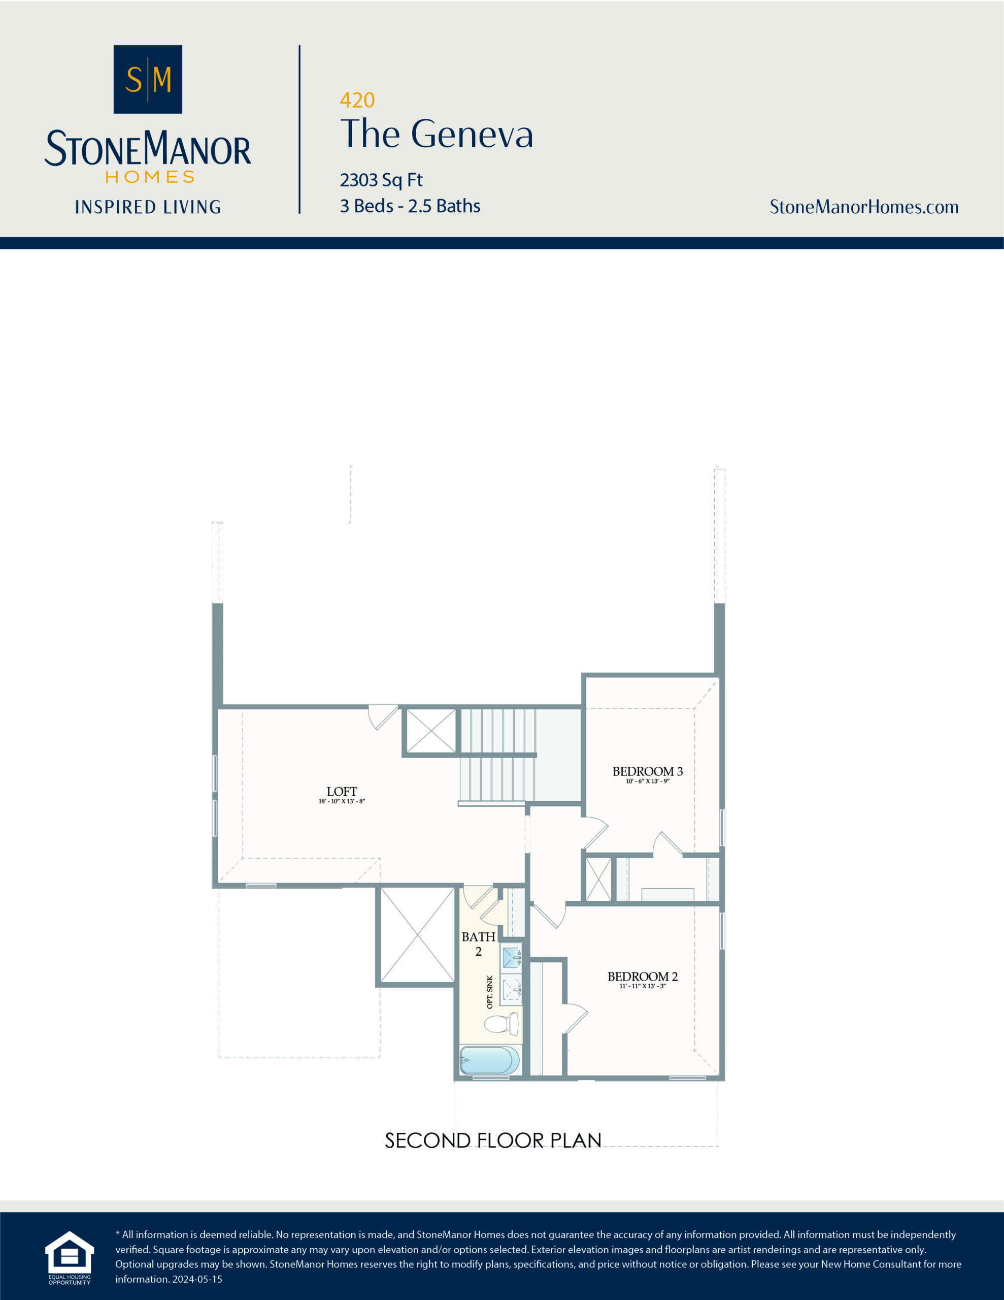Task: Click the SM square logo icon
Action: click(148, 79)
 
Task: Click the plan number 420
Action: click(357, 100)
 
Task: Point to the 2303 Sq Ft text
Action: click(381, 179)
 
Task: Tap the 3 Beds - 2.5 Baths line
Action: click(410, 206)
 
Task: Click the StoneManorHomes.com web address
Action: click(863, 207)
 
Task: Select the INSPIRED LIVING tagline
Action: click(148, 207)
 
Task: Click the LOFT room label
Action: click(342, 791)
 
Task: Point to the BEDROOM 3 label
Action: click(648, 771)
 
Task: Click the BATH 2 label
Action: click(479, 944)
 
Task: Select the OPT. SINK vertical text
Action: click(490, 992)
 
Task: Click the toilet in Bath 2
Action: click(500, 1024)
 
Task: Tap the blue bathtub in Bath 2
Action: click(489, 1060)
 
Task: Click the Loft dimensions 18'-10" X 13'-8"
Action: click(342, 802)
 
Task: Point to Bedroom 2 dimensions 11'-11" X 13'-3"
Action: click(642, 986)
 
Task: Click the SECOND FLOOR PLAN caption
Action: click(493, 1140)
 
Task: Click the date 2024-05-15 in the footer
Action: click(197, 1279)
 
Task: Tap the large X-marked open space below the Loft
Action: click(417, 934)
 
